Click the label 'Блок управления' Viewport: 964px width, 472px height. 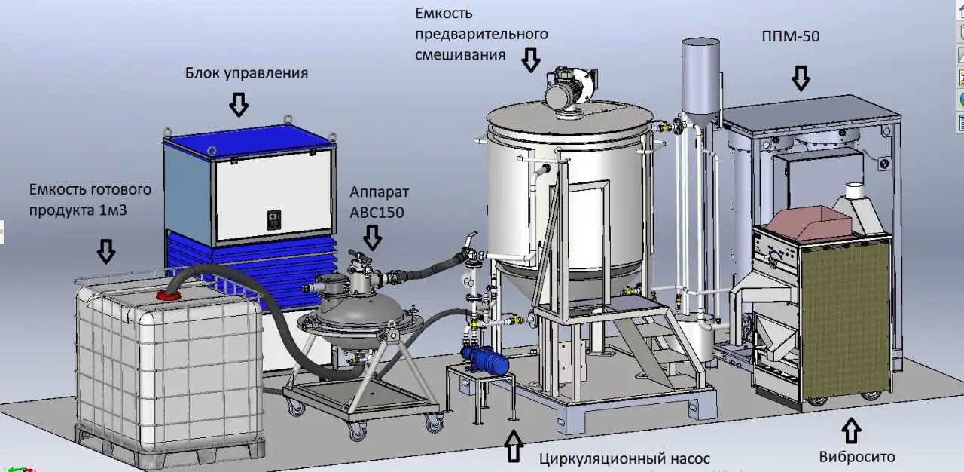[x=246, y=73]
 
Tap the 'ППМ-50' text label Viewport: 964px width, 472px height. [x=791, y=36]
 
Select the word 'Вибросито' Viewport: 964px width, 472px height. [x=857, y=456]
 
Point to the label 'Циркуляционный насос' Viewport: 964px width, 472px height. [x=624, y=459]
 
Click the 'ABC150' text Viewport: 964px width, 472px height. [x=377, y=213]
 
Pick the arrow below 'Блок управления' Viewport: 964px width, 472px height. [x=239, y=105]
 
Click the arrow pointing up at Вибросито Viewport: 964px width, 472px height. [x=851, y=431]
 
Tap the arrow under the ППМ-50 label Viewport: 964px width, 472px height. [x=801, y=78]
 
